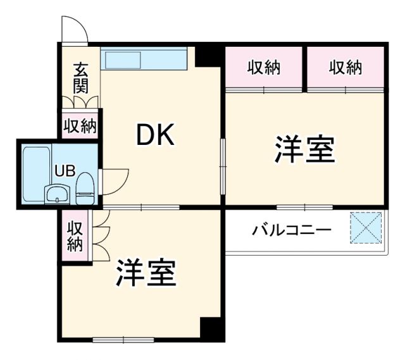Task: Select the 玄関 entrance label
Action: [x=80, y=77]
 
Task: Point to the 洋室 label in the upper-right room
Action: [x=304, y=150]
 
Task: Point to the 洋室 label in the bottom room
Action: [x=145, y=272]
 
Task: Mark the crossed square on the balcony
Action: [x=367, y=228]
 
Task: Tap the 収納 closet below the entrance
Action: [x=80, y=125]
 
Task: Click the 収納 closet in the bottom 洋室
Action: [x=74, y=235]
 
